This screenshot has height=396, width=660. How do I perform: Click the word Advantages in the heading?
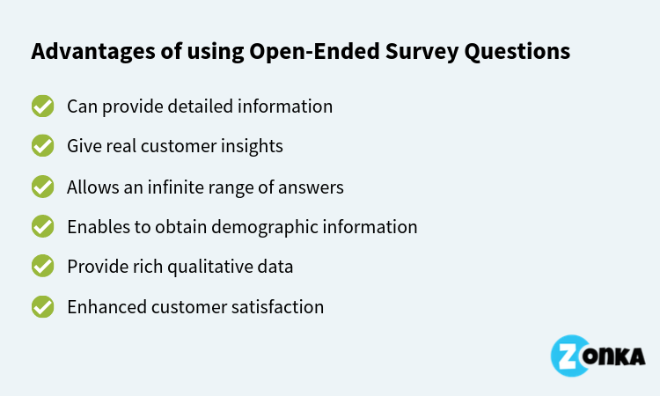[x=93, y=52]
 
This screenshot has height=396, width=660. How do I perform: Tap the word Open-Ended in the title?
[x=314, y=51]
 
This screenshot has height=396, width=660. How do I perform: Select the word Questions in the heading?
[x=517, y=52]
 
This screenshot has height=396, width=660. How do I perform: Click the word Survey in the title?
[x=422, y=52]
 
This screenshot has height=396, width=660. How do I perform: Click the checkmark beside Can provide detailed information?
[x=42, y=106]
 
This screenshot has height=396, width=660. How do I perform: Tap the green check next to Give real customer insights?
[x=42, y=145]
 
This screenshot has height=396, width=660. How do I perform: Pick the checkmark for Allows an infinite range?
[x=42, y=187]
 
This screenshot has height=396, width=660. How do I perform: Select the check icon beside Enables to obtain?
[x=42, y=226]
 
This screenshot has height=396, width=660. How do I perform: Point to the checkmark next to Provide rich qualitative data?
[x=42, y=266]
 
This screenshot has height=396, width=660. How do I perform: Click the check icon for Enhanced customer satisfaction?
[x=42, y=306]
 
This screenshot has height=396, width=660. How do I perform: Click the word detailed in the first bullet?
[x=201, y=106]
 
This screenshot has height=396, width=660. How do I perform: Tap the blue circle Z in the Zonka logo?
[x=570, y=356]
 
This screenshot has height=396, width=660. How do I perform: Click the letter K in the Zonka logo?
[x=618, y=357]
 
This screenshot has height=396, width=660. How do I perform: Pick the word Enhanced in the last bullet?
[x=106, y=307]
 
